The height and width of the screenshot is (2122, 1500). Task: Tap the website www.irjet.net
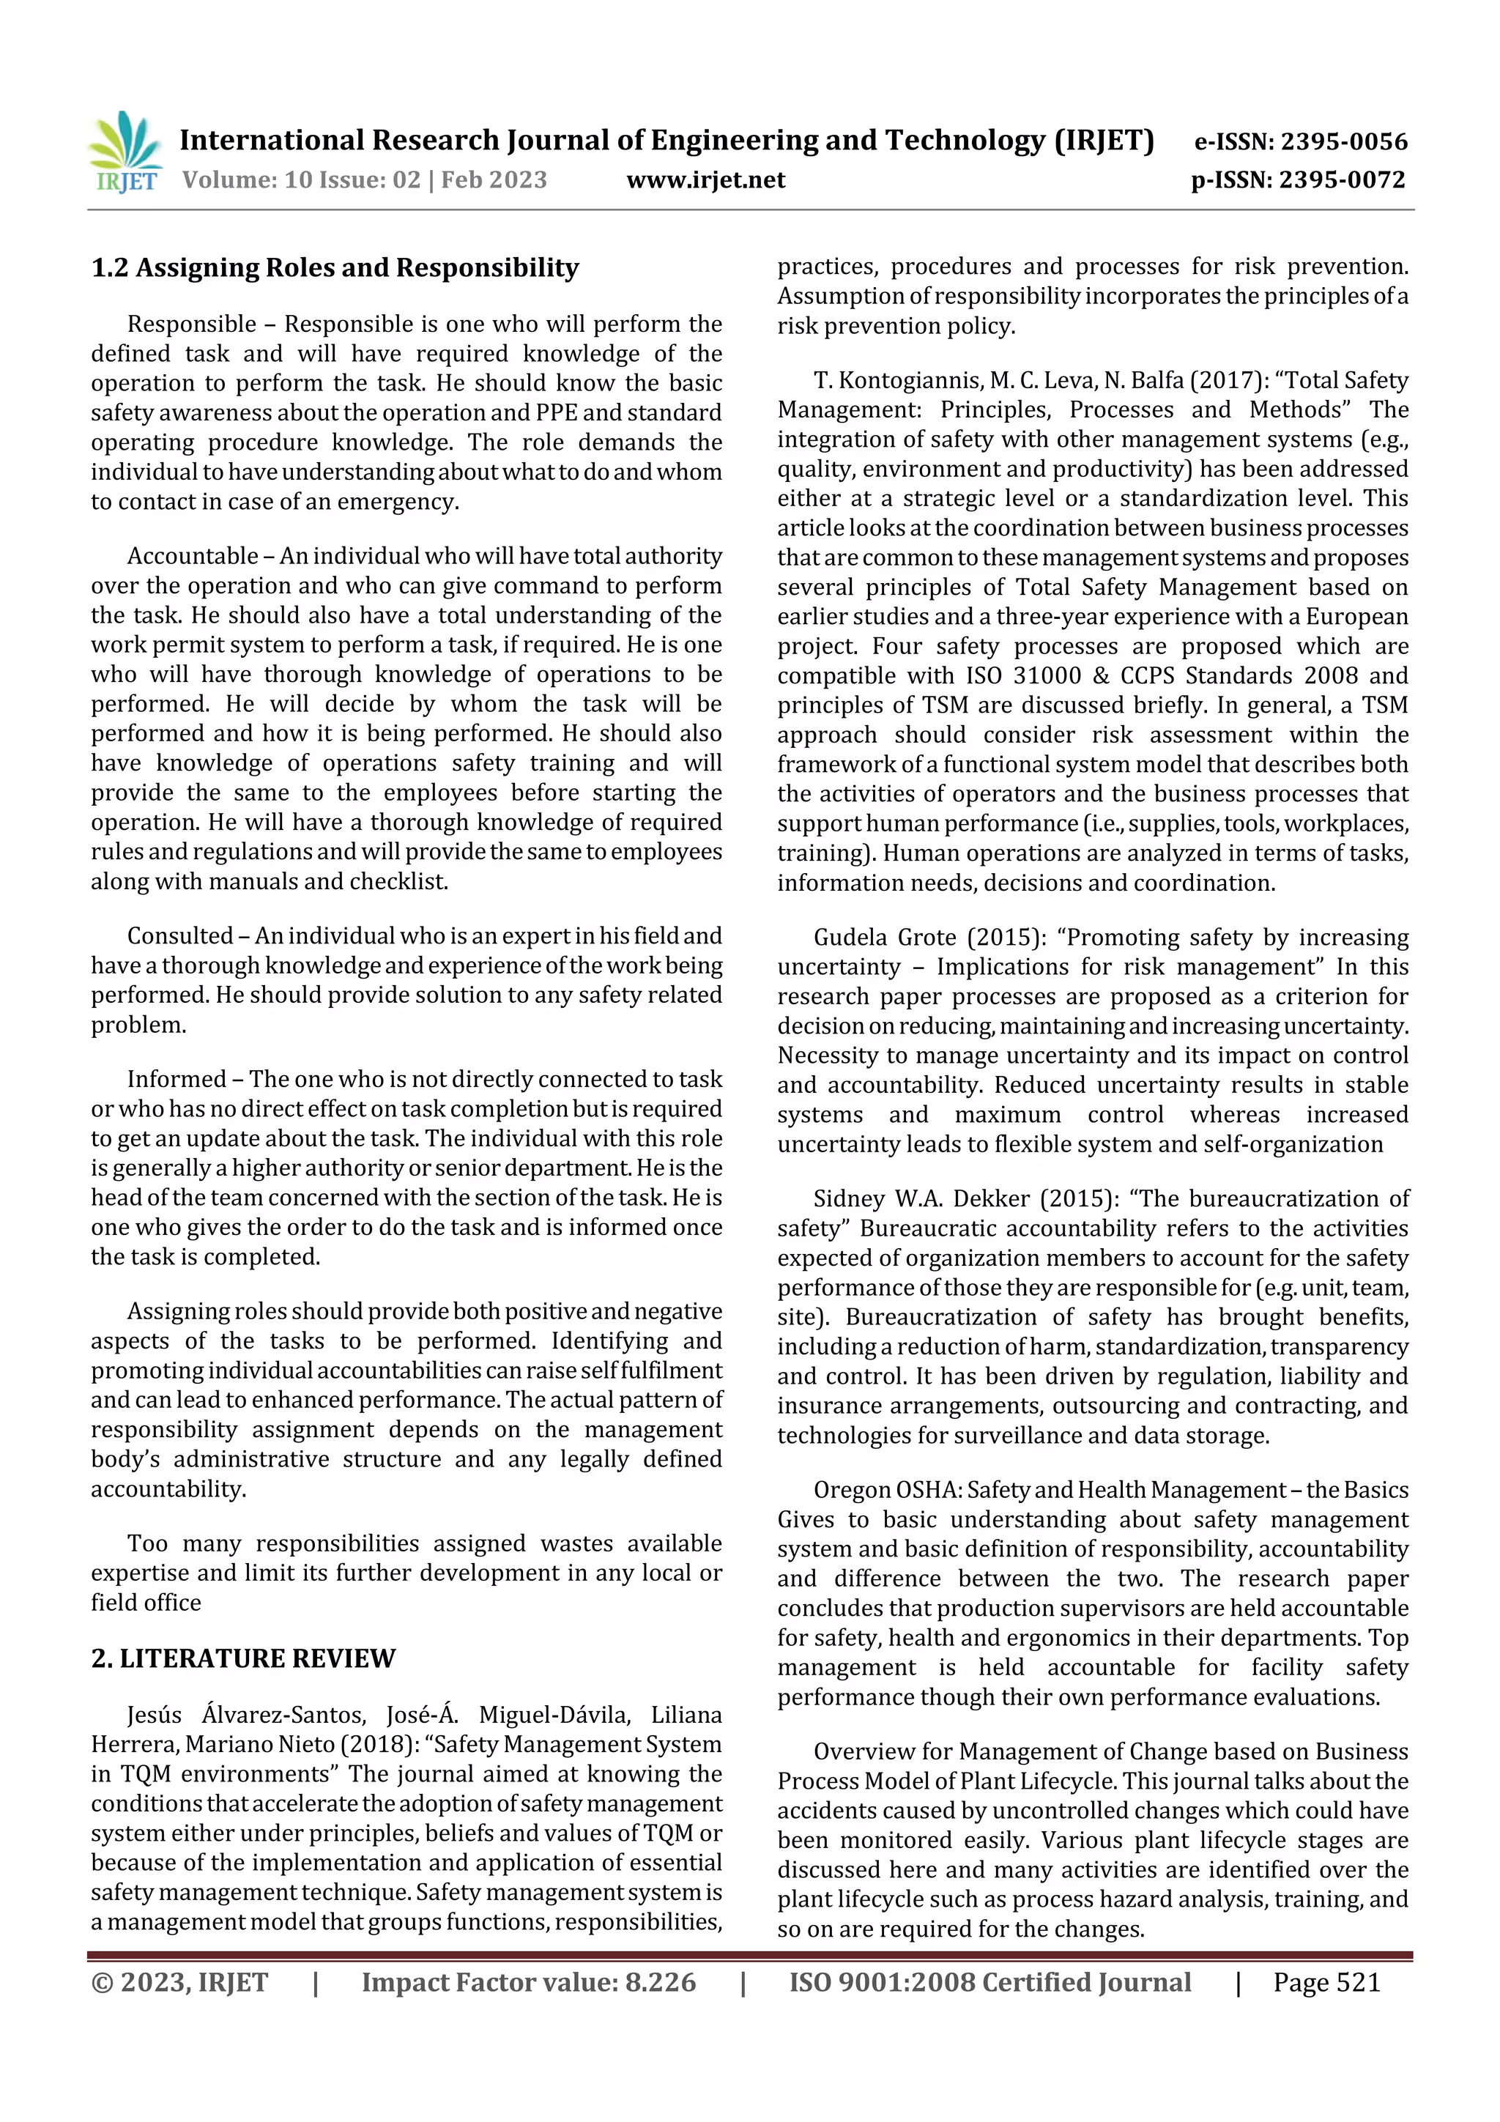(705, 180)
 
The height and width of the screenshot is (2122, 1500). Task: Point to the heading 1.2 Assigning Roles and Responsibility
(335, 268)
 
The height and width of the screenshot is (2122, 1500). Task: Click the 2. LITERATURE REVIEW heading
(243, 1658)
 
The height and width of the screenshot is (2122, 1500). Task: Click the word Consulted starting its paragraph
(180, 936)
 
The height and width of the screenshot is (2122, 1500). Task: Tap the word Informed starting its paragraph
(176, 1080)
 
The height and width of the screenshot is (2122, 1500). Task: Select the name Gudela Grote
(885, 938)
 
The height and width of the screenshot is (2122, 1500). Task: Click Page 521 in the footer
(1326, 1982)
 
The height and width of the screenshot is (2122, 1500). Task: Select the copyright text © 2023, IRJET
(179, 1982)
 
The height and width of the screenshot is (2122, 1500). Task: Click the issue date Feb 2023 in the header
(494, 180)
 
